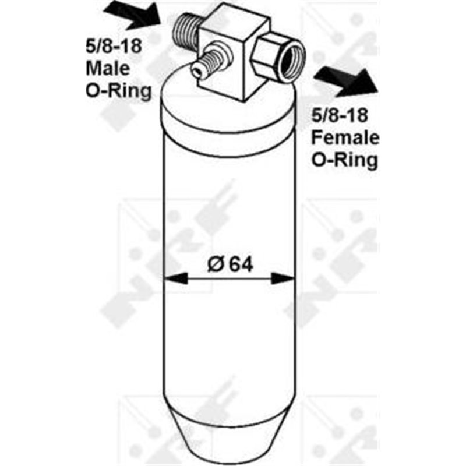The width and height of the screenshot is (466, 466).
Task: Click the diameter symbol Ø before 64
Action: [215, 264]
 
